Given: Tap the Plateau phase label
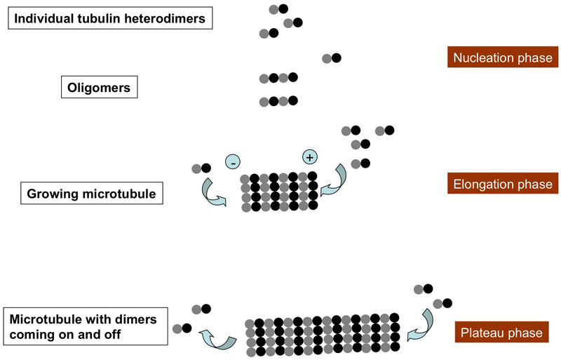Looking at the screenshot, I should pos(501,332).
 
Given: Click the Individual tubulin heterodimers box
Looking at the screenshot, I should pos(110,18).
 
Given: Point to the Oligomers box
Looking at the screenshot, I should pos(99,88).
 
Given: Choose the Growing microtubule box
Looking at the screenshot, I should pos(91,193).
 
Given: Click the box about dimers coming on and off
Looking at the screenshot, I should pos(86,326).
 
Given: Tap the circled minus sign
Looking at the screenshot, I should pos(233,162).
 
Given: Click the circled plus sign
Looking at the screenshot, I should pos(309,157).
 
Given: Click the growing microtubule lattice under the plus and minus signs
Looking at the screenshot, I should pos(279,192).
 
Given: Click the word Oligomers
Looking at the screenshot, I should pos(99,88).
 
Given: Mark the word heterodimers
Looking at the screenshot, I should pos(167,18).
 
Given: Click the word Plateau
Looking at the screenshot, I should pos(485,332).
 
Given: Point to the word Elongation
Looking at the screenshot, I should pos(483,185).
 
